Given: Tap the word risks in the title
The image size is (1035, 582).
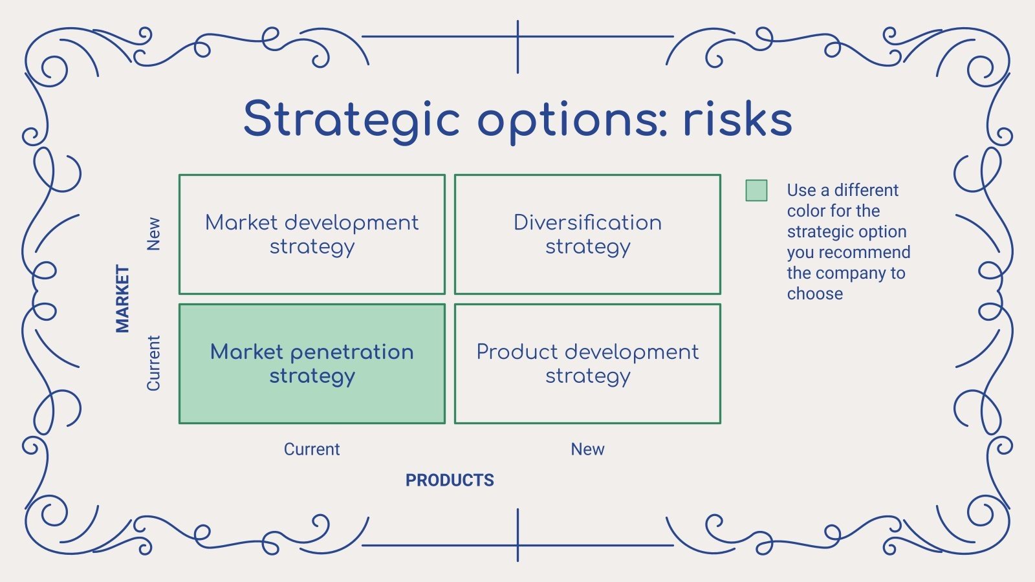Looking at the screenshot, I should pyautogui.click(x=737, y=120).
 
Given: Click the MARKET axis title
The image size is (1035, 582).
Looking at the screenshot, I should pyautogui.click(x=122, y=298).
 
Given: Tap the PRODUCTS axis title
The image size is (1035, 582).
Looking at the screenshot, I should pyautogui.click(x=450, y=480).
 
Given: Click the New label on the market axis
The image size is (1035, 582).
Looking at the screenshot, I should pyautogui.click(x=153, y=233).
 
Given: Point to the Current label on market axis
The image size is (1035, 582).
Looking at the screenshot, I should pyautogui.click(x=153, y=363).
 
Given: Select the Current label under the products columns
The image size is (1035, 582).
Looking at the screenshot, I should pyautogui.click(x=312, y=449).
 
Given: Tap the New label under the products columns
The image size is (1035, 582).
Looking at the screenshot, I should pyautogui.click(x=587, y=449).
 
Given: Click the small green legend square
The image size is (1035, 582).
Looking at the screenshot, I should pyautogui.click(x=756, y=190).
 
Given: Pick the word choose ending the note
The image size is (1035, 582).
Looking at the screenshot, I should pyautogui.click(x=814, y=294).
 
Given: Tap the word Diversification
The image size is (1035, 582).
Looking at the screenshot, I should pyautogui.click(x=587, y=222).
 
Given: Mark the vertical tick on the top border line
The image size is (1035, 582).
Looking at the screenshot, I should pyautogui.click(x=517, y=47).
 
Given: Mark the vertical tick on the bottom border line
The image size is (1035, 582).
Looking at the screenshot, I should pyautogui.click(x=517, y=535).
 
